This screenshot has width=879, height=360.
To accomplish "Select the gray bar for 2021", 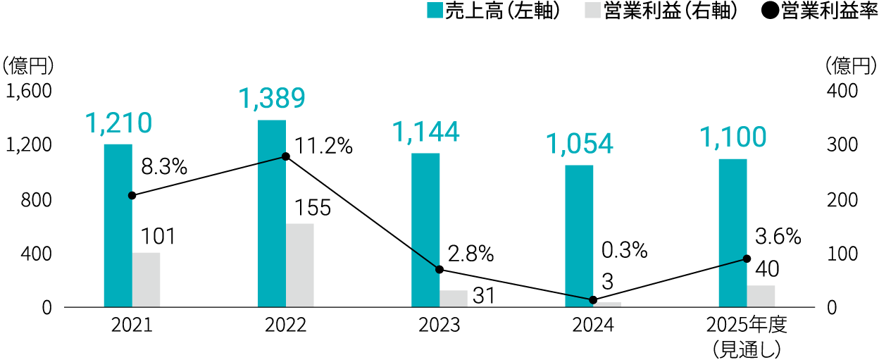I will (x=146, y=280).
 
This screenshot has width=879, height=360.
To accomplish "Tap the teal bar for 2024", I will (x=579, y=236).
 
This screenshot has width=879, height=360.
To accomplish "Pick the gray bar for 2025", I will (x=761, y=296).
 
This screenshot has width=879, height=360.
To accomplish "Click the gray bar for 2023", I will (x=454, y=299).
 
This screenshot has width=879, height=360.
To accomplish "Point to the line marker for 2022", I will (x=285, y=156).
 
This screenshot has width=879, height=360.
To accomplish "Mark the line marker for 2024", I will (x=593, y=300).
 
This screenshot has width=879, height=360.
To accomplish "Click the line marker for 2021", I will (x=132, y=195).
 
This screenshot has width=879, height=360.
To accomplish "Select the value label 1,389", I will (x=272, y=99).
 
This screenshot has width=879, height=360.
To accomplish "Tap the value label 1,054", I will (x=580, y=144).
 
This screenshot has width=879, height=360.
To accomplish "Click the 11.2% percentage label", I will (x=323, y=146).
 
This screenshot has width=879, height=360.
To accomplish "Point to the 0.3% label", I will (x=624, y=250).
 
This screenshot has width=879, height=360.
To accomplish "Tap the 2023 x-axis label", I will (x=440, y=325).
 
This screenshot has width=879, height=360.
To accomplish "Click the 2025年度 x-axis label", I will (x=746, y=325).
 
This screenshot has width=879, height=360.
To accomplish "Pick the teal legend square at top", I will (x=435, y=10).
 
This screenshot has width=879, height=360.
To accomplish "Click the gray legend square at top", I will (x=592, y=10).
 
